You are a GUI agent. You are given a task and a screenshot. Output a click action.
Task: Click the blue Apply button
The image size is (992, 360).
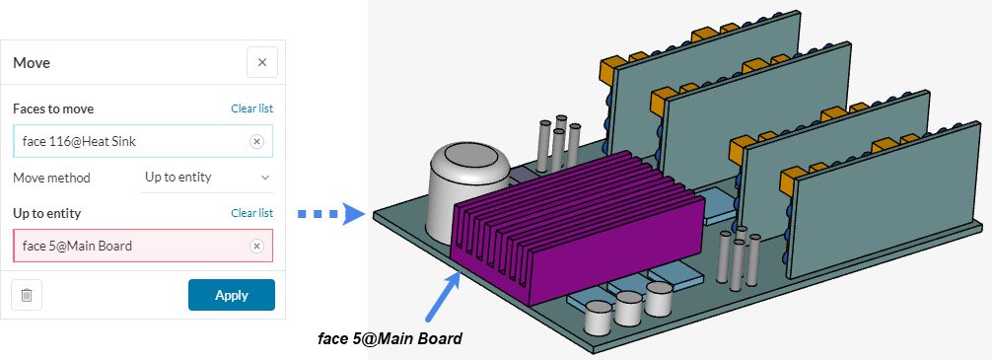pyautogui.click(x=231, y=295)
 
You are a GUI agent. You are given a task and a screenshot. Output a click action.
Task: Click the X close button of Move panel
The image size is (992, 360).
pyautogui.click(x=261, y=62)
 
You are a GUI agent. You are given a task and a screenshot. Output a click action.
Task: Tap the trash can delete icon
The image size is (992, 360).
pyautogui.click(x=27, y=295)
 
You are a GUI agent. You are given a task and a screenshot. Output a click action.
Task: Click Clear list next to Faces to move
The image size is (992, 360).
pyautogui.click(x=251, y=108)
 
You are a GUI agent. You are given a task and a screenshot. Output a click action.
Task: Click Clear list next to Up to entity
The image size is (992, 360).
pyautogui.click(x=251, y=213)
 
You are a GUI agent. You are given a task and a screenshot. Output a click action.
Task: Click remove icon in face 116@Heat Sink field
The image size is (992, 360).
pyautogui.click(x=256, y=142)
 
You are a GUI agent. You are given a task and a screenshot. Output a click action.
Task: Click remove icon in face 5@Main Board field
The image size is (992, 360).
pyautogui.click(x=256, y=246)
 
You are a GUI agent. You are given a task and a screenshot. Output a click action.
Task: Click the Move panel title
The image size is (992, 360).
pyautogui.click(x=32, y=63)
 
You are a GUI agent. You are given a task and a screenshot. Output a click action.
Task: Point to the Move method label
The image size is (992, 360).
pyautogui.click(x=51, y=178)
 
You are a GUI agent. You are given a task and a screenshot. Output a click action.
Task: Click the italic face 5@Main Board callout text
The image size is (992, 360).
pyautogui.click(x=390, y=339)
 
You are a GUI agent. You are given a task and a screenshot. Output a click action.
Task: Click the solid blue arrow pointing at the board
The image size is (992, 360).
pyautogui.click(x=443, y=297)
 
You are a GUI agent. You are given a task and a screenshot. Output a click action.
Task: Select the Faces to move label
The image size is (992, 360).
pyautogui.click(x=53, y=109)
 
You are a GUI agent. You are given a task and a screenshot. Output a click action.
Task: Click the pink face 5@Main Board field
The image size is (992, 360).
pyautogui.click(x=128, y=246)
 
